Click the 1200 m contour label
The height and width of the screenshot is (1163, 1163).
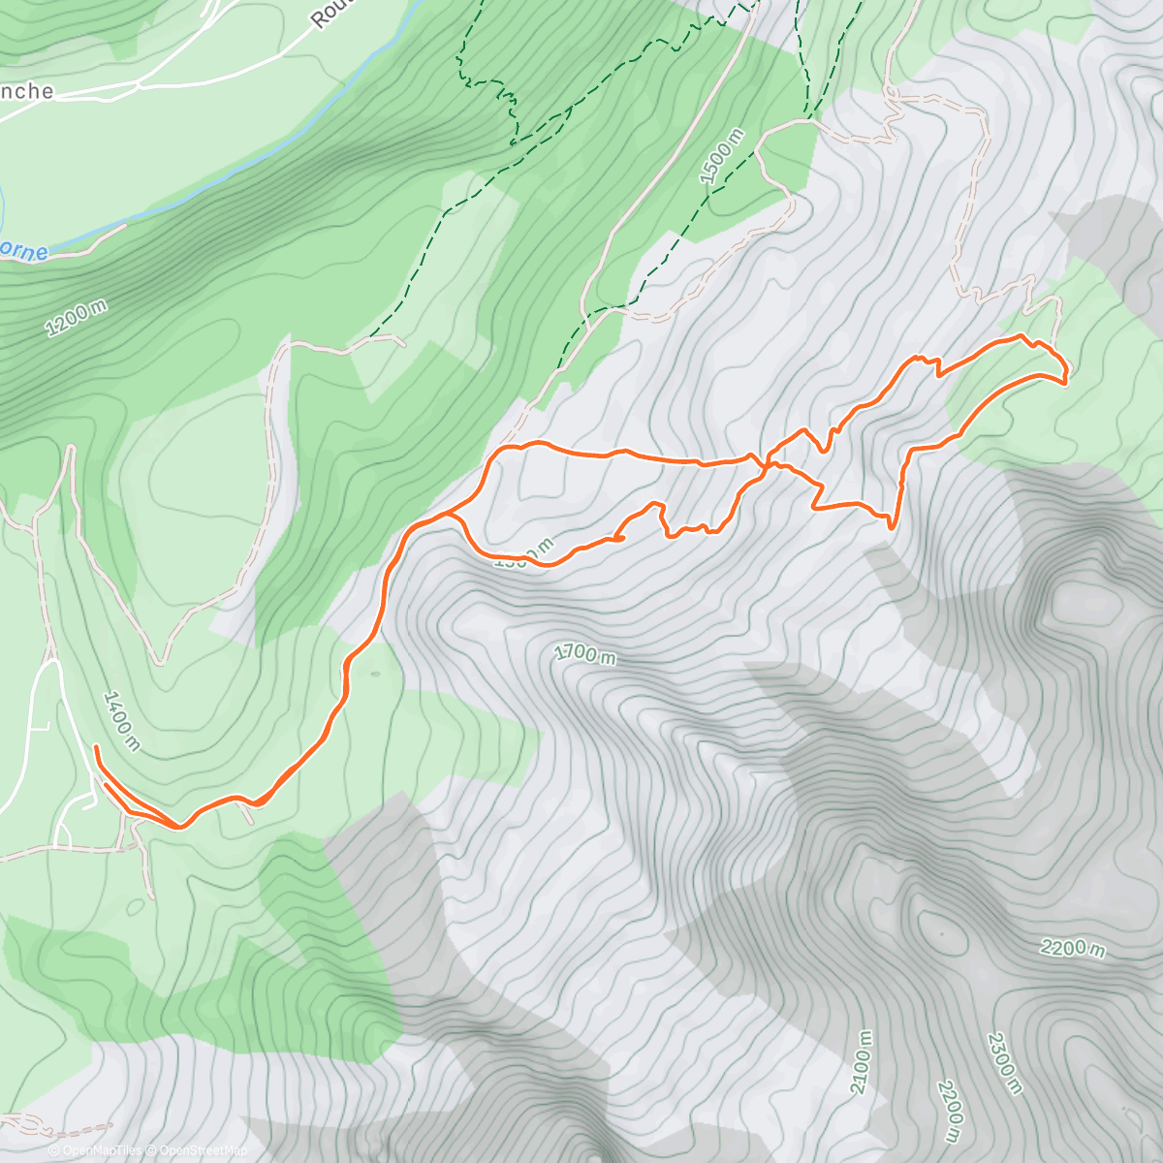[x=77, y=318]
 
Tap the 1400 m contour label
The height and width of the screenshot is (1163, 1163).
[x=122, y=721]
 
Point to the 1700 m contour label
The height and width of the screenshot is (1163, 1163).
[x=584, y=654]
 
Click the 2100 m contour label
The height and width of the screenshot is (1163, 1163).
[x=861, y=1062]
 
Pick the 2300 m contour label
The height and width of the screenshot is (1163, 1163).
[x=1005, y=1063]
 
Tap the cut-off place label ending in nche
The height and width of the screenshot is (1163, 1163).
[x=26, y=91]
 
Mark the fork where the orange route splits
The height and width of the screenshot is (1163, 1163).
[x=449, y=515]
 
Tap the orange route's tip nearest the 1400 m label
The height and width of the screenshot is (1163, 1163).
[x=96, y=747]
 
